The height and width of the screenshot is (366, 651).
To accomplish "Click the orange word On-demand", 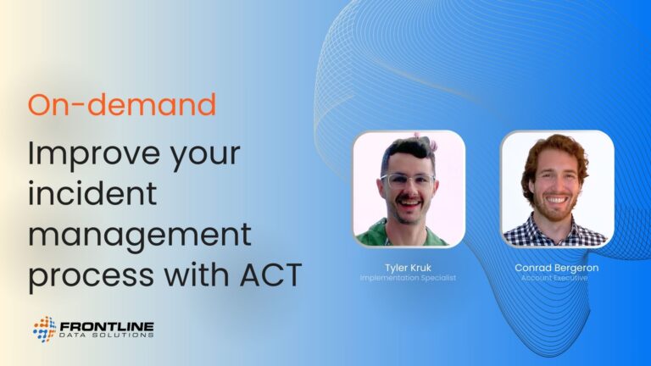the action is tap(122, 104).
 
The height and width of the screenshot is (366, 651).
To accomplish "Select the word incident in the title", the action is tap(92, 193).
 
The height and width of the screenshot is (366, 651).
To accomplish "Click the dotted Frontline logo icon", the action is tap(44, 330).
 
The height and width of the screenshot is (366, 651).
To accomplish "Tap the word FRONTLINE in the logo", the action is tap(107, 326).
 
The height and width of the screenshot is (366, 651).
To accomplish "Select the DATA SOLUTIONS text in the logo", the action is tap(107, 335).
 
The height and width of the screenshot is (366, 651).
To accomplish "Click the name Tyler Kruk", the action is tap(408, 268).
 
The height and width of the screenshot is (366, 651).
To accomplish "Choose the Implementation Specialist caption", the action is tap(408, 278).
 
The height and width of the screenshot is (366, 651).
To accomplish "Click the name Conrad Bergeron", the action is tap(556, 268).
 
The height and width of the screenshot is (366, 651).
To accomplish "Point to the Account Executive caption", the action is tap(554, 278).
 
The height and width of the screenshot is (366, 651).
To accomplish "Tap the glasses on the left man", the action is tap(407, 180).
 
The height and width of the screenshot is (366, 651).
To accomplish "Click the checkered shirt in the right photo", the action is tap(555, 232).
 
